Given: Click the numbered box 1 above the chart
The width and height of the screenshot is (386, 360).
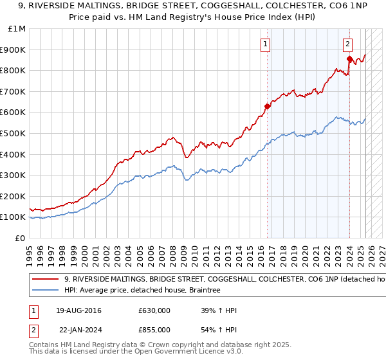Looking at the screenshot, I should [x=266, y=44].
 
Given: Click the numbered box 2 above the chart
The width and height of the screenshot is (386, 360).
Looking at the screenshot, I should [x=347, y=44].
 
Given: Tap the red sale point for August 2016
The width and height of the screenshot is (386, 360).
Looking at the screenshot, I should [x=267, y=106].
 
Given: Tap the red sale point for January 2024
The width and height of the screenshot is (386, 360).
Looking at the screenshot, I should [x=349, y=59].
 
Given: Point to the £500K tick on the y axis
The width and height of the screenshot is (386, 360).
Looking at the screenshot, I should [x=14, y=133].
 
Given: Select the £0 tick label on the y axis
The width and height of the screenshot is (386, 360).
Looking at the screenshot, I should [x=20, y=238].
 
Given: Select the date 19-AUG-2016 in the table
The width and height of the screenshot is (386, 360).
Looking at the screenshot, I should [x=83, y=310].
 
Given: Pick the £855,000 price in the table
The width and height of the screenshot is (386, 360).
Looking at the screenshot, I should [x=154, y=329].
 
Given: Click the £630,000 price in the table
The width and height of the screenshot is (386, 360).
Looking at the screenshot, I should [x=154, y=310].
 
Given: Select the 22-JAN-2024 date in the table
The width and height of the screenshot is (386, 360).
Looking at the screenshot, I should [x=82, y=329].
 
